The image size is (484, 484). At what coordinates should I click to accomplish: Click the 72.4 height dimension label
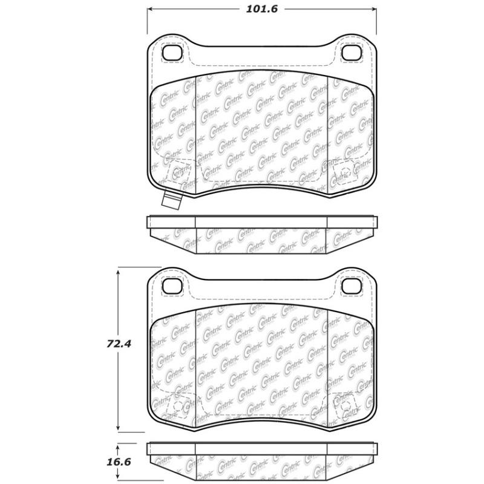[x=119, y=344]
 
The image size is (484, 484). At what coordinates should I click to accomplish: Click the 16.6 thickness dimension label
[x=119, y=462]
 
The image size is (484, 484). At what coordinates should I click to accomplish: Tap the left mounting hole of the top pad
[x=172, y=53]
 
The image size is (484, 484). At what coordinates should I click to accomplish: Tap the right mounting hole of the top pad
[x=351, y=53]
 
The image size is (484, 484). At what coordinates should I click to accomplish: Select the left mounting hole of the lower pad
[x=172, y=286]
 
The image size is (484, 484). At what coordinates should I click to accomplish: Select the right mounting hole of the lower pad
[x=351, y=286]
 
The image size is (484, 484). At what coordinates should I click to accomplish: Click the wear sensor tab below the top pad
[x=172, y=200]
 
